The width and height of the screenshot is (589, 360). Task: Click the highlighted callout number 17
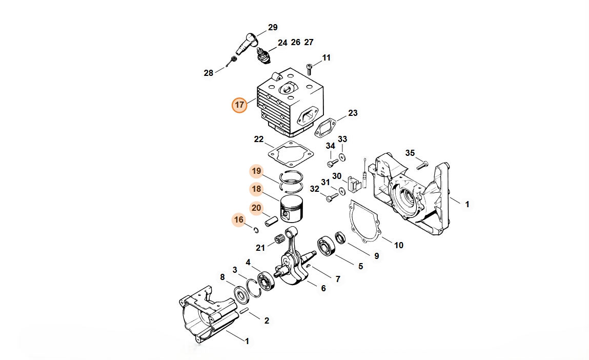pos(239,105)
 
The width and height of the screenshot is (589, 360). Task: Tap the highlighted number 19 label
pos(256,171)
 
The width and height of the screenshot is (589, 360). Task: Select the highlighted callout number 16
pos(239,220)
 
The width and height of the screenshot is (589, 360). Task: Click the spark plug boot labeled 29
pos(246,44)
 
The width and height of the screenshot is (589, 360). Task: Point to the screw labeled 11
pos(310,69)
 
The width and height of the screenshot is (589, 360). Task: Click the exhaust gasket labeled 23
pos(326,127)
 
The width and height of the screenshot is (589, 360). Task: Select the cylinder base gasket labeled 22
pos(291,154)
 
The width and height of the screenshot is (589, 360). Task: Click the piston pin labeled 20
pos(271,220)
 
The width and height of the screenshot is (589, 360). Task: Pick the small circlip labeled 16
pos(256,230)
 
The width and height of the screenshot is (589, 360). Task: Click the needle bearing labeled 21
pos(278,238)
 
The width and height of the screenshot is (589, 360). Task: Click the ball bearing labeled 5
pos(326,246)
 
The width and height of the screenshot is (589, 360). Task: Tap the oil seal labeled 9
pos(340,237)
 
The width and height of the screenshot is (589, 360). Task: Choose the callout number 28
pos(209,73)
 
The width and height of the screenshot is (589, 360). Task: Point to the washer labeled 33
pos(342,157)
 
